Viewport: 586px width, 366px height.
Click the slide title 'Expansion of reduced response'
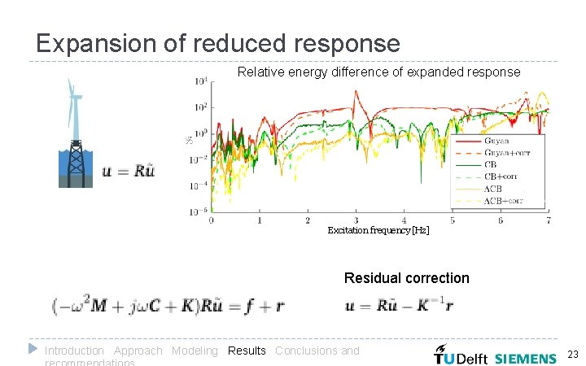pos(217,43)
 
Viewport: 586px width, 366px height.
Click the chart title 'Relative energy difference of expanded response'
pos(378,72)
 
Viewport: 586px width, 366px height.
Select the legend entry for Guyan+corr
pos(505,152)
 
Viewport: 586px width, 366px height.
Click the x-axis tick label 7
pos(549,220)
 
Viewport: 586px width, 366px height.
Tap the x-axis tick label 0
pos(212,220)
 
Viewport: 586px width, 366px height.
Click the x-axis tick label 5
pos(453,220)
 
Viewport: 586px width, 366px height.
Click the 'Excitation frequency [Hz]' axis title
pos(378,231)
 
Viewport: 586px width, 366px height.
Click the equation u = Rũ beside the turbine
pos(129,171)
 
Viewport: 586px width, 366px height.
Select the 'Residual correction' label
pos(406,278)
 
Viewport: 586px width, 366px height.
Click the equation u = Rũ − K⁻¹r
pos(400,307)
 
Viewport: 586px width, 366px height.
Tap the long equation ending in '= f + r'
pos(168,307)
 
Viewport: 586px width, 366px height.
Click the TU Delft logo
pos(461,356)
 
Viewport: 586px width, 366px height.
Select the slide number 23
pos(572,354)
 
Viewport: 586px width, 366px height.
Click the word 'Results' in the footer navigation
pos(247,351)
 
